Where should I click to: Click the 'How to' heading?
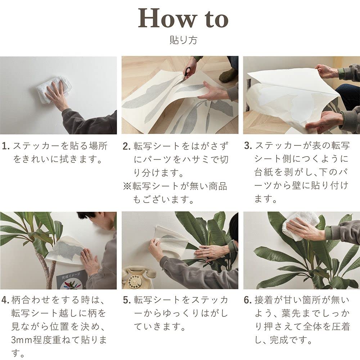click(x=183, y=18)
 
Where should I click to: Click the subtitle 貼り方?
click(x=183, y=40)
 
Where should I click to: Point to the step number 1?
click(x=5, y=146)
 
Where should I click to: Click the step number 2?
click(x=126, y=146)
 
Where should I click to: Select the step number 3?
click(x=248, y=146)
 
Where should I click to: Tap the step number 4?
click(x=5, y=300)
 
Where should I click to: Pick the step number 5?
click(x=126, y=300)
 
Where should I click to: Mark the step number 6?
click(x=248, y=300)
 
